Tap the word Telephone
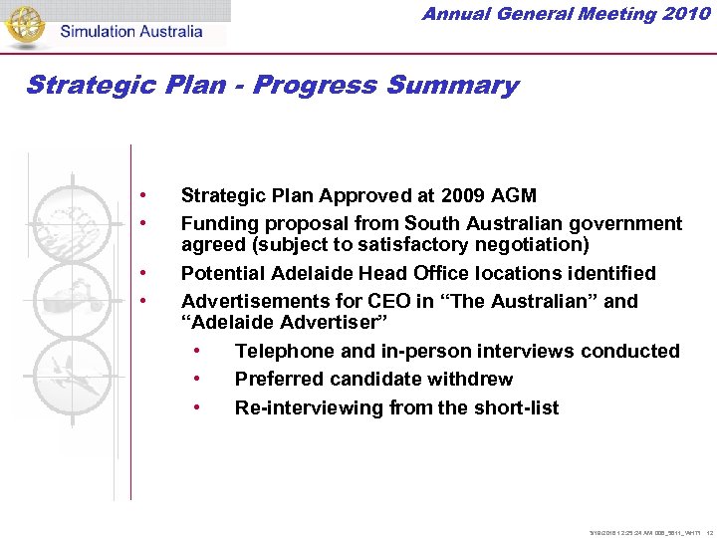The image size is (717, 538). (x=281, y=351)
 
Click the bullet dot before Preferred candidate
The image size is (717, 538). (x=199, y=380)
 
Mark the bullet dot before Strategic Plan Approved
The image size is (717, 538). (x=145, y=194)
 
